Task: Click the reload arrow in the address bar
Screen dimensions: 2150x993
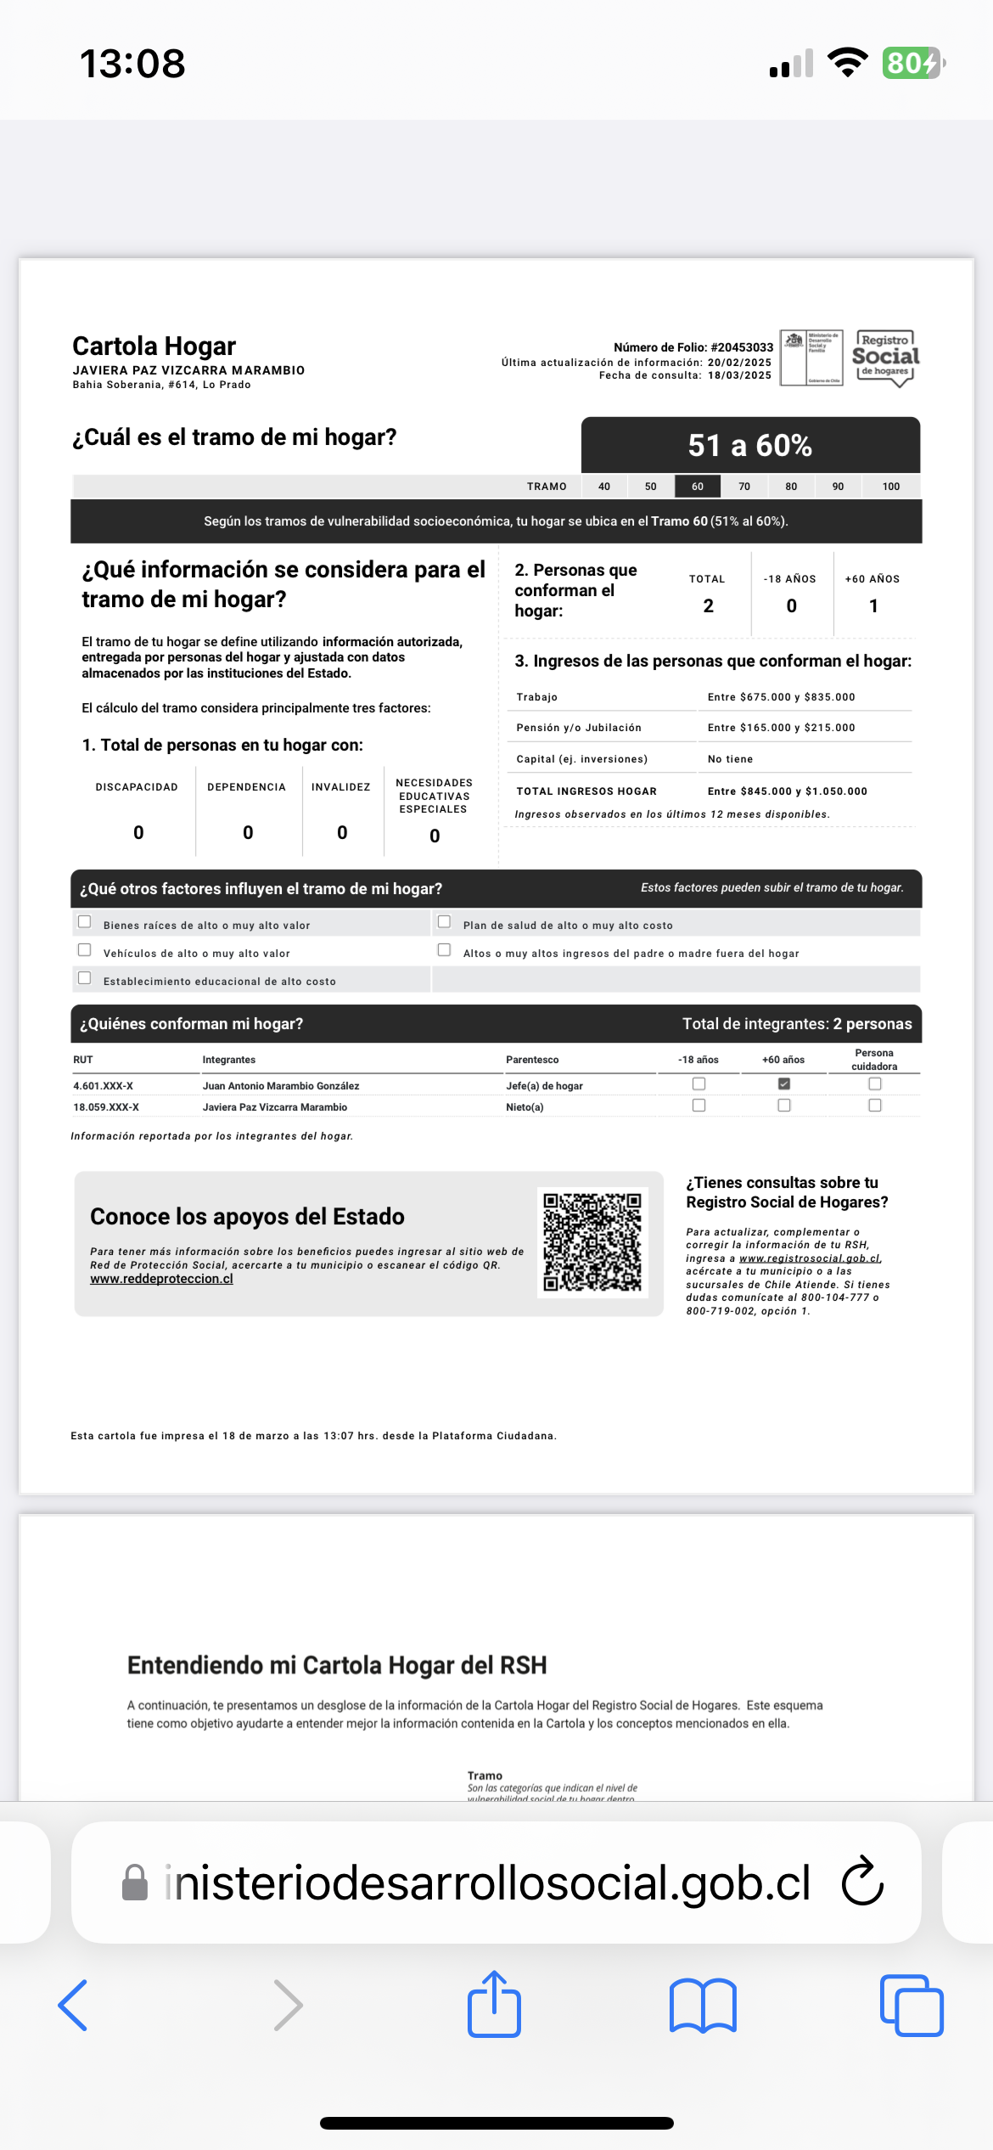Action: click(x=862, y=1882)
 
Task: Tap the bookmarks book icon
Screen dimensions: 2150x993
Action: click(x=703, y=2006)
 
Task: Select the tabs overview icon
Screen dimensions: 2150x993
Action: click(x=912, y=2006)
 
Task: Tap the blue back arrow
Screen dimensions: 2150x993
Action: click(x=73, y=2006)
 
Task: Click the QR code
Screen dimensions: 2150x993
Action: click(x=592, y=1242)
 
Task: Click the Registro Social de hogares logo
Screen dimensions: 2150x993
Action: click(x=886, y=357)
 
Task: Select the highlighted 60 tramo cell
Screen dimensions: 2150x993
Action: click(x=698, y=487)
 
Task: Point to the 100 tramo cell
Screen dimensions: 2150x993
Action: click(x=890, y=487)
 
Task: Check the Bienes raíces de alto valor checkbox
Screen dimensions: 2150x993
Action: click(x=85, y=922)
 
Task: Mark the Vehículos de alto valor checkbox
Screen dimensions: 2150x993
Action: click(x=85, y=950)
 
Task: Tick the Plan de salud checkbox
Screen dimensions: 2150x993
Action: click(x=444, y=922)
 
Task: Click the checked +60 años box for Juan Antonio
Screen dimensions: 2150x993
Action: click(x=784, y=1084)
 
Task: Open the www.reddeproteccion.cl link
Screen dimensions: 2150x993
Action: click(x=161, y=1279)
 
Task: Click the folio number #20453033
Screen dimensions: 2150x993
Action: click(x=742, y=347)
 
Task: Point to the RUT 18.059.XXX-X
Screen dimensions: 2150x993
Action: click(x=106, y=1107)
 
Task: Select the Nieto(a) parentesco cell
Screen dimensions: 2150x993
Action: click(x=525, y=1107)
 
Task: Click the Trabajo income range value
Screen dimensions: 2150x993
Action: click(x=781, y=697)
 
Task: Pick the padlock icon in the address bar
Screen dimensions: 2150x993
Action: click(x=135, y=1883)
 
